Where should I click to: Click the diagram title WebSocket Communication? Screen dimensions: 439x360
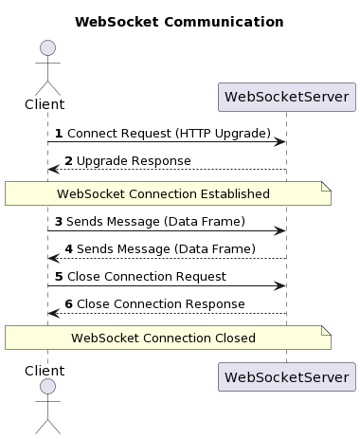pyautogui.click(x=179, y=22)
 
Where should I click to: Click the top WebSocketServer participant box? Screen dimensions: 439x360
pyautogui.click(x=286, y=97)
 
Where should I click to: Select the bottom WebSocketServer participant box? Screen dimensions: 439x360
pyautogui.click(x=286, y=376)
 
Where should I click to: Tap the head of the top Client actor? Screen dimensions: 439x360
pyautogui.click(x=47, y=48)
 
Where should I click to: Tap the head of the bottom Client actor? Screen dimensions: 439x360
pyautogui.click(x=47, y=388)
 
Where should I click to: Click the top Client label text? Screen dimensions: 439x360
pyautogui.click(x=45, y=104)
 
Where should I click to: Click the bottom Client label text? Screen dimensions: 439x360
pyautogui.click(x=45, y=370)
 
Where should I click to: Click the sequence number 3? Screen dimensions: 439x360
pyautogui.click(x=59, y=221)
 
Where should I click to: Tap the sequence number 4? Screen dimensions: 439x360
pyautogui.click(x=69, y=248)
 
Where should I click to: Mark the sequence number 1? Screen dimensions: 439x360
pyautogui.click(x=59, y=134)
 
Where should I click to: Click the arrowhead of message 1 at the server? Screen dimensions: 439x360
pyautogui.click(x=280, y=142)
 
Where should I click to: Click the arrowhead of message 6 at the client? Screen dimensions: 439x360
pyautogui.click(x=53, y=313)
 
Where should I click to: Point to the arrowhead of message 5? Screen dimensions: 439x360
pyautogui.click(x=280, y=285)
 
